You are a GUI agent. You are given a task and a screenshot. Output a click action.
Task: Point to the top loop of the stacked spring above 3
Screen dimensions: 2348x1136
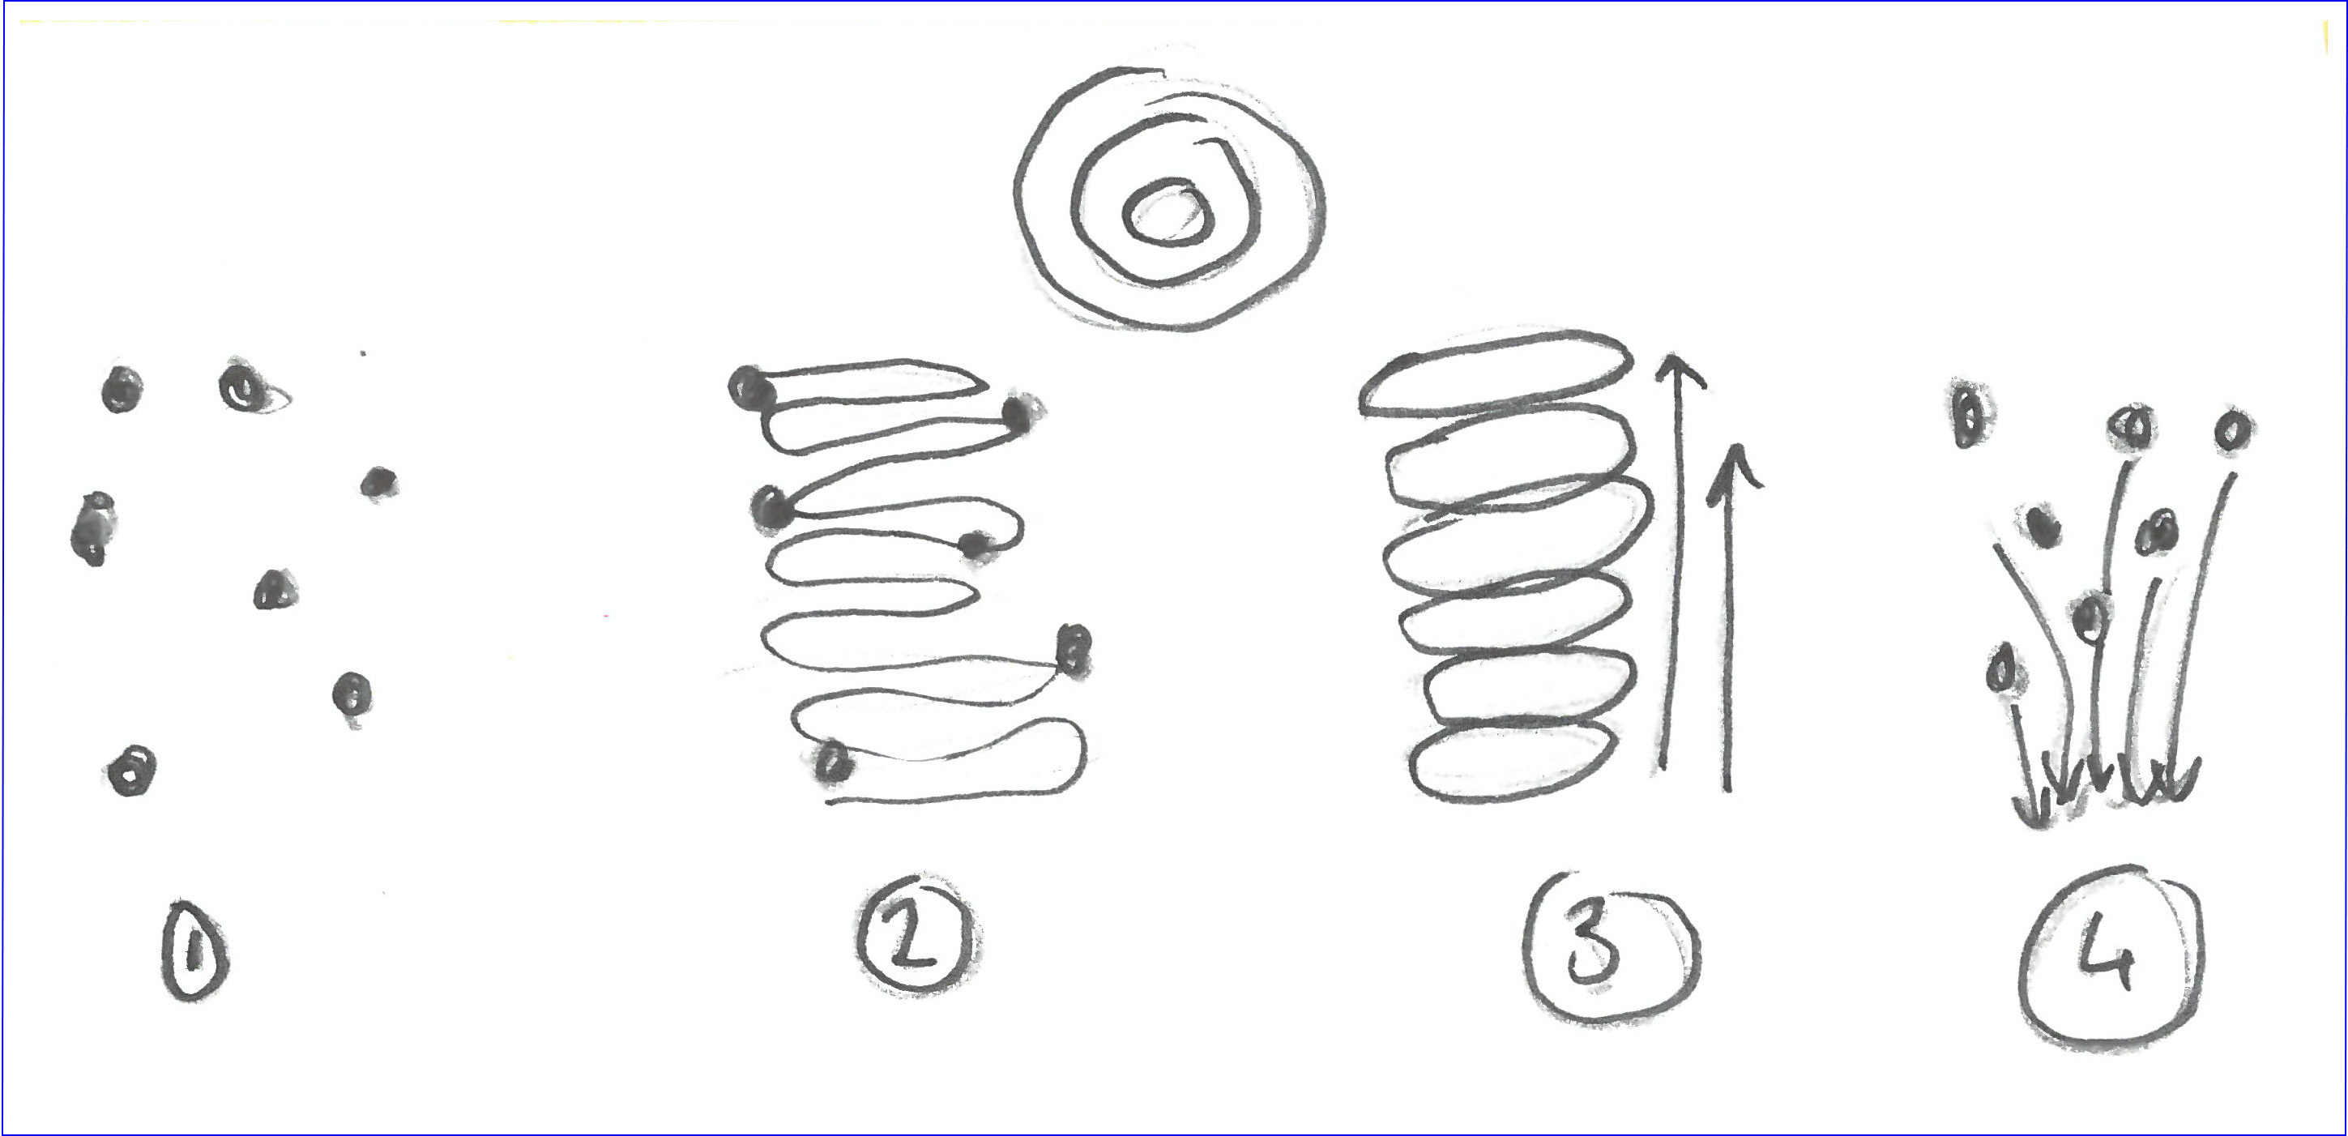pos(1495,377)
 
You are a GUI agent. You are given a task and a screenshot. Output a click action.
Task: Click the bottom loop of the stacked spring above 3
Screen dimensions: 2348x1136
pos(1513,762)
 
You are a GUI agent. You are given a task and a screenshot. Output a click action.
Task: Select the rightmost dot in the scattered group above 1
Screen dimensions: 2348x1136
pos(378,481)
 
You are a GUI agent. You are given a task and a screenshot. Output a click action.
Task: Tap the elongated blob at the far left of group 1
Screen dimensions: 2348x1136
pos(92,529)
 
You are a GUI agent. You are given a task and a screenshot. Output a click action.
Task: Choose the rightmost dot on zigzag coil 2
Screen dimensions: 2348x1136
pos(1074,652)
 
